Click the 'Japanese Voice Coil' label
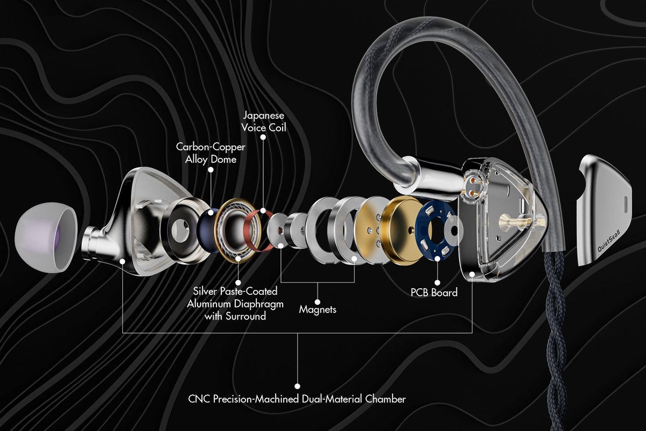[x=264, y=122]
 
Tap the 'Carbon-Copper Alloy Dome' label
[x=210, y=153]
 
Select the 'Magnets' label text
[x=318, y=309]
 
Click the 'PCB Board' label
[x=434, y=293]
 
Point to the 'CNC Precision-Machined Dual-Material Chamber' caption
[x=297, y=399]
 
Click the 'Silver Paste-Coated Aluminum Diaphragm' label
[x=235, y=297]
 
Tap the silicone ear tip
[x=46, y=237]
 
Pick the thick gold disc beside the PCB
[x=401, y=231]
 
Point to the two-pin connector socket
[x=473, y=186]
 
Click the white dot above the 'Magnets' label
[x=318, y=302]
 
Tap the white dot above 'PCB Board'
[x=437, y=283]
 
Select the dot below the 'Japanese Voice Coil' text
[x=263, y=137]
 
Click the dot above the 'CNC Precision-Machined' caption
[x=298, y=386]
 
